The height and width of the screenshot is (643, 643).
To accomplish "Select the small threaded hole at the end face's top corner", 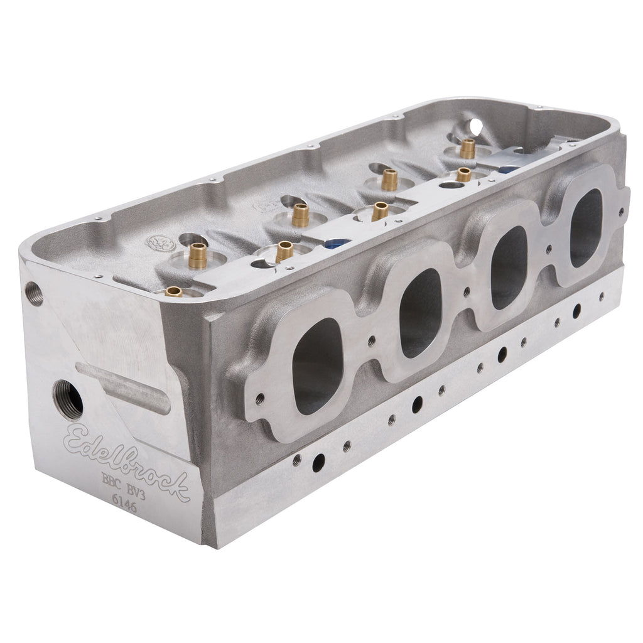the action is pyautogui.click(x=34, y=293).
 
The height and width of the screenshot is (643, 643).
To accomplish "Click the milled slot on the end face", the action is pyautogui.click(x=123, y=387).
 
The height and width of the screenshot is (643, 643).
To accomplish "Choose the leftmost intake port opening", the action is pyautogui.click(x=316, y=366).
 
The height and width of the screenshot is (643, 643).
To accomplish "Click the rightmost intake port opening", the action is pyautogui.click(x=586, y=227).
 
